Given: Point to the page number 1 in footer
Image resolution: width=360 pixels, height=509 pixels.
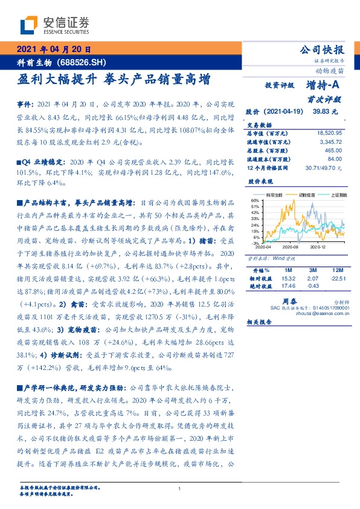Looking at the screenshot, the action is (180, 489).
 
